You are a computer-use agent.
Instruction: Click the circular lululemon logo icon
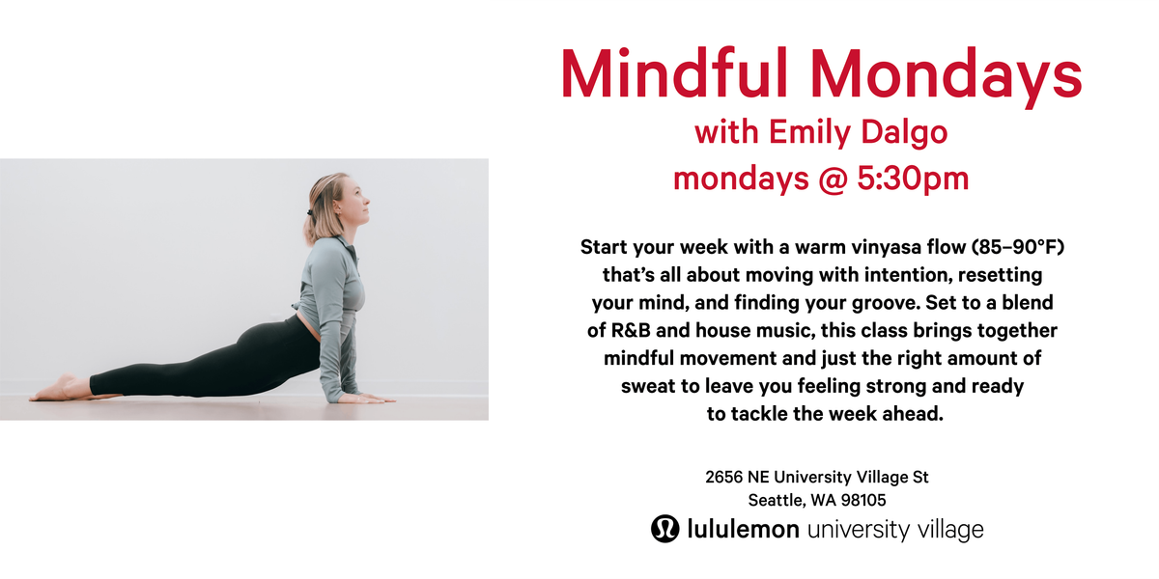(x=665, y=529)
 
